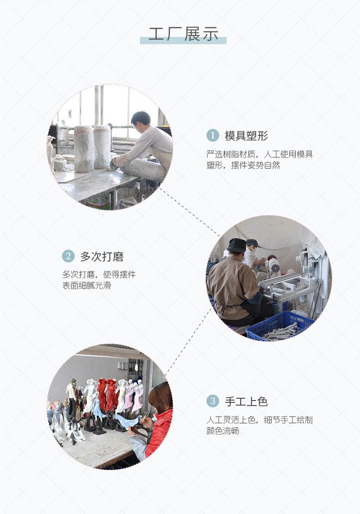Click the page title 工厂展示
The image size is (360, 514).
click(183, 34)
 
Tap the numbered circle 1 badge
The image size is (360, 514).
click(212, 135)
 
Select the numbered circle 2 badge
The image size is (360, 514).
click(68, 256)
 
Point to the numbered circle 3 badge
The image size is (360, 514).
click(212, 401)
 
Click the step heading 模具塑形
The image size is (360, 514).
click(246, 135)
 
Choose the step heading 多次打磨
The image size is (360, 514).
click(102, 257)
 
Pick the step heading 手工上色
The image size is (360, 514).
click(246, 401)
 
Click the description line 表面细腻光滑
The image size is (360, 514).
click(87, 286)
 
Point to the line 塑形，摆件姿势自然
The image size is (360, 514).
click(243, 165)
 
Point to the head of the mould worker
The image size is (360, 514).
click(140, 120)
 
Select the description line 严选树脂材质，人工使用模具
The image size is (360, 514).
click(259, 154)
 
